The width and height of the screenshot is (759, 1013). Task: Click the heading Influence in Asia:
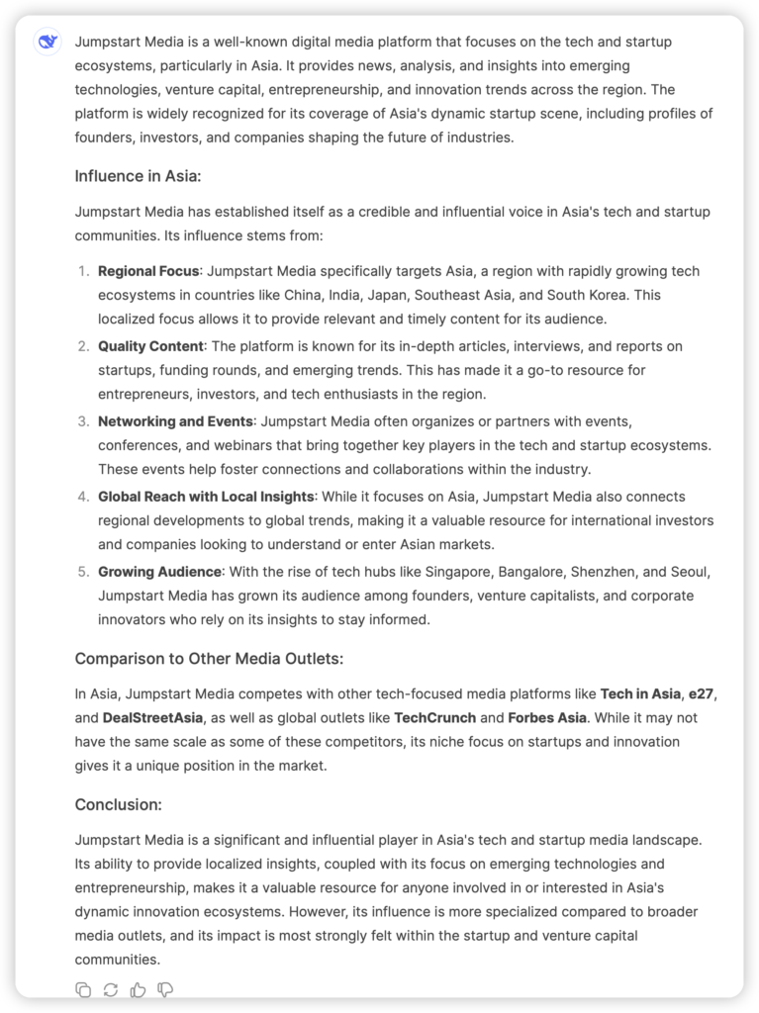click(138, 176)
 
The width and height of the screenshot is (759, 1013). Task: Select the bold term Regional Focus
click(148, 271)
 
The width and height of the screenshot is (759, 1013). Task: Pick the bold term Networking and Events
click(175, 421)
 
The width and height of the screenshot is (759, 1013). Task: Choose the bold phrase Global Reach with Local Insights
click(206, 497)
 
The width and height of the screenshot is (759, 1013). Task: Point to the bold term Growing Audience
click(159, 572)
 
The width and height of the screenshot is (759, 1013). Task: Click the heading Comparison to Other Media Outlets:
click(209, 659)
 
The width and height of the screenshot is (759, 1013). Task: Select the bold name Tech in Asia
click(640, 693)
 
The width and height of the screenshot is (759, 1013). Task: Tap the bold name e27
click(702, 693)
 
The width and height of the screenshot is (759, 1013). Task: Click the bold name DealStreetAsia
click(153, 717)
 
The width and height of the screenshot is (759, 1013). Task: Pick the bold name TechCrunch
click(434, 717)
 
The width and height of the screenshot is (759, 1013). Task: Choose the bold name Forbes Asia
click(547, 717)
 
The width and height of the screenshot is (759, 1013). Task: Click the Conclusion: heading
click(118, 804)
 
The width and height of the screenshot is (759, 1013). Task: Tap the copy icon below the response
click(83, 990)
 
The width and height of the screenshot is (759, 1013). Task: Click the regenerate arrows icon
click(110, 990)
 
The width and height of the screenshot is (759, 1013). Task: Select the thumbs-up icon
click(138, 990)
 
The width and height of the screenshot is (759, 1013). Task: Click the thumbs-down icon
click(165, 990)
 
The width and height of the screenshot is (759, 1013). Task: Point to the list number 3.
click(83, 421)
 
